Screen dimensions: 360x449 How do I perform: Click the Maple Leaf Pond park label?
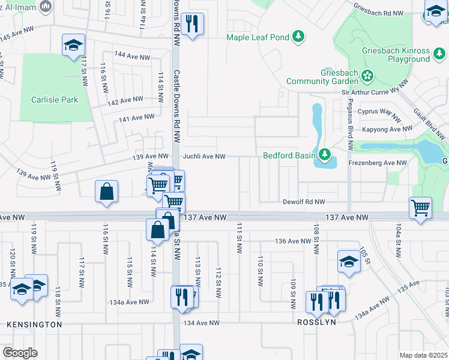[258, 37]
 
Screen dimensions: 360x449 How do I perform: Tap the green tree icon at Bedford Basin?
[325, 155]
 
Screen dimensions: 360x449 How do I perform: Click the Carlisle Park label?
[55, 100]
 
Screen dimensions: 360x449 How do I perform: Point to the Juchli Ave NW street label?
[204, 156]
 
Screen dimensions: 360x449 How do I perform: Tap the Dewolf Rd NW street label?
[304, 202]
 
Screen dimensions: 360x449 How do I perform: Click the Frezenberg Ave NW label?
[377, 163]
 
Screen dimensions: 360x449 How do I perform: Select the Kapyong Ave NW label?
[387, 129]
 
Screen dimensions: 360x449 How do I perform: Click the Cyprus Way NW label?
[379, 112]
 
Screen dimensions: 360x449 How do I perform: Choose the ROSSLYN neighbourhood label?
[316, 322]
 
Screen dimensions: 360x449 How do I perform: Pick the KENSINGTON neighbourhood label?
[34, 324]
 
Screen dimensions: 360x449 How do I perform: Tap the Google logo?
[20, 352]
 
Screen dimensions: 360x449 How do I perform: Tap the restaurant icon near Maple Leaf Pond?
[192, 24]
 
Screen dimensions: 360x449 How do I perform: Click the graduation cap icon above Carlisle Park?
[73, 45]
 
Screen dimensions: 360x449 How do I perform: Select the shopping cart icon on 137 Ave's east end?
[421, 208]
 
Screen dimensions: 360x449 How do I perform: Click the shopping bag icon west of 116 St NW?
[106, 191]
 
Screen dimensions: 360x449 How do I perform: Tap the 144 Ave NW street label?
[132, 56]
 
